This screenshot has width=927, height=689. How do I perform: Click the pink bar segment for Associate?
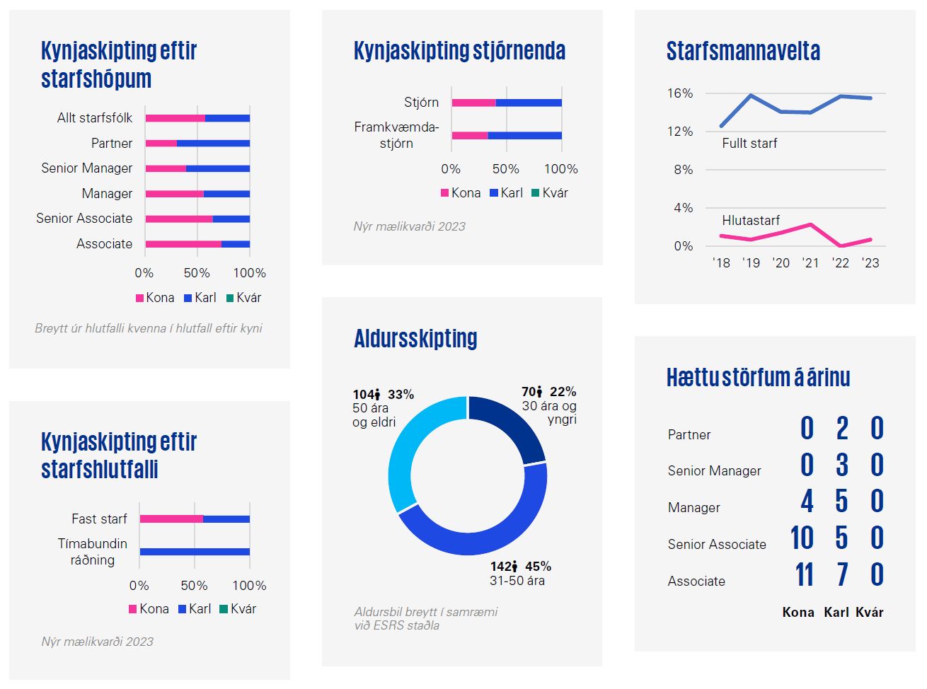coord(183,244)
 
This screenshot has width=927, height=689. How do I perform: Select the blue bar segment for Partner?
coord(213,144)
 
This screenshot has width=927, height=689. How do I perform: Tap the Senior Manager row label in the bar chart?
coord(86,168)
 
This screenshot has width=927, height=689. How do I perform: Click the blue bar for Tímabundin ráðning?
coord(195,552)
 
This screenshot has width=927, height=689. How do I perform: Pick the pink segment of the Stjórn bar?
coord(473,103)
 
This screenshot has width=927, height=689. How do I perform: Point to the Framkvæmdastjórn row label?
coord(396,135)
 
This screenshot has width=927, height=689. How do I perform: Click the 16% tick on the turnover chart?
coord(679,93)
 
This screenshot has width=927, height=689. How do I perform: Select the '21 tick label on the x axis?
coord(810,263)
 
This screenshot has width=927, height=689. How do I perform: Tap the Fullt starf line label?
coord(749,144)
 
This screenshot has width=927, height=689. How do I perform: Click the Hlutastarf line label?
coord(751,221)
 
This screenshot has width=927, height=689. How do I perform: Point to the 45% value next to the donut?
coord(538,567)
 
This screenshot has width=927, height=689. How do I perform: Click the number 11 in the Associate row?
coord(804,574)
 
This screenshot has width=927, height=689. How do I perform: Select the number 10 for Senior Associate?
coord(802,538)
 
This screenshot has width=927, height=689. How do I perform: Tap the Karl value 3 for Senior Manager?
coord(841,465)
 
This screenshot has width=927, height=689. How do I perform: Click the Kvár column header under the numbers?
coord(869,613)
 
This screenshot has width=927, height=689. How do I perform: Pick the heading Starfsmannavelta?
coord(743,52)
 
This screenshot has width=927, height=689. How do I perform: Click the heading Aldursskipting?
coord(415,339)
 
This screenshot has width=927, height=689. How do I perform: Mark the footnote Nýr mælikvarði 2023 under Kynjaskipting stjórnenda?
coord(409,226)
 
